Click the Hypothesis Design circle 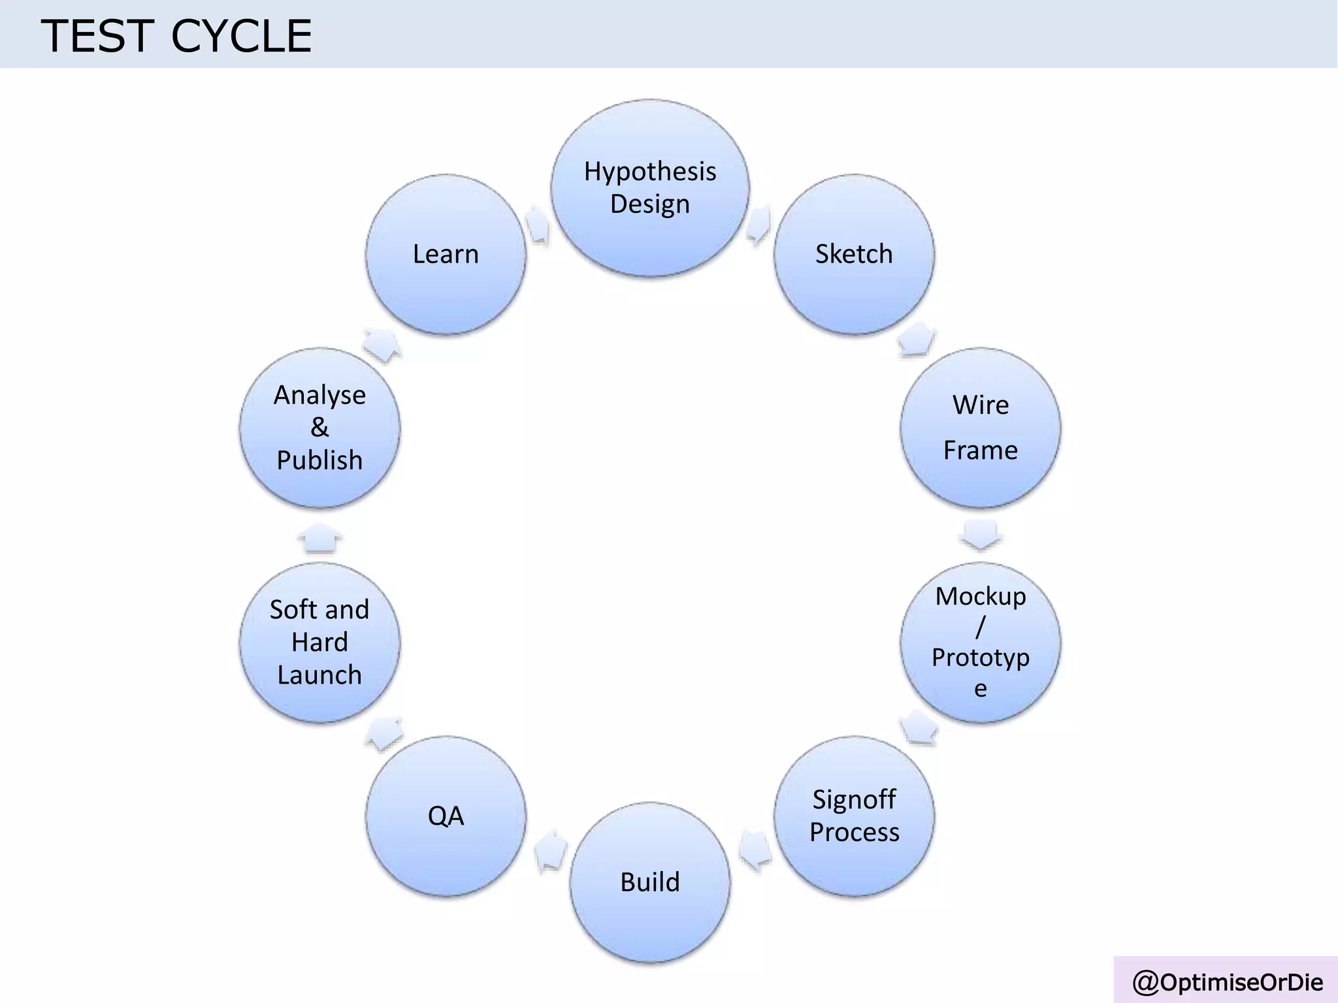coord(650,188)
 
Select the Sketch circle coord(854,254)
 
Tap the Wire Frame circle coord(980,428)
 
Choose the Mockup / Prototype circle coord(980,642)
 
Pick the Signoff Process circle coord(854,816)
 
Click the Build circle coord(650,882)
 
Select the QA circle coord(446,816)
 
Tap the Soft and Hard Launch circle coord(319,642)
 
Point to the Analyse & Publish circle coord(319,428)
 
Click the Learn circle coord(446,254)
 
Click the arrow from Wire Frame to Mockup coord(980,535)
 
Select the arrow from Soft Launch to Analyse coord(320,537)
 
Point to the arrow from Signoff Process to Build coord(755,851)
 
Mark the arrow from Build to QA coord(550,851)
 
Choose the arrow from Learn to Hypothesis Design coord(538,224)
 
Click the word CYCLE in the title coord(241,36)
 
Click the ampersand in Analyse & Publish coord(319,428)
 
